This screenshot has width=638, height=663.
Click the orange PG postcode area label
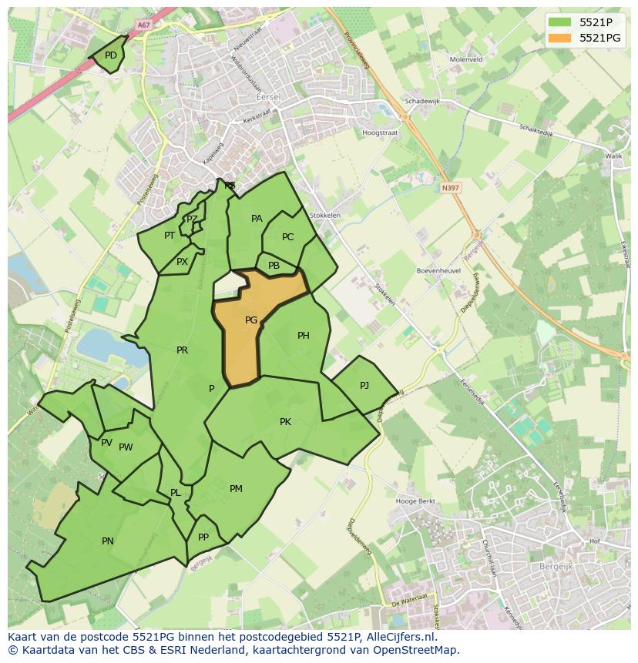pyautogui.click(x=251, y=320)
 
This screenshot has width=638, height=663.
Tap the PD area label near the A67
pyautogui.click(x=111, y=55)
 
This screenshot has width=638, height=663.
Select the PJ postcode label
pyautogui.click(x=364, y=385)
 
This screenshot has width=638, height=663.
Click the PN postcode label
pyautogui.click(x=108, y=541)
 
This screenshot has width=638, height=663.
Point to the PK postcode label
pyautogui.click(x=285, y=422)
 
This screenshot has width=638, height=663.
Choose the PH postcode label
pyautogui.click(x=303, y=336)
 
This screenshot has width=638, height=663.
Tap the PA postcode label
pyautogui.click(x=257, y=219)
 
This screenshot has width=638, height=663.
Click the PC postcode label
pyautogui.click(x=287, y=237)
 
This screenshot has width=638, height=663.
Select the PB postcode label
pyautogui.click(x=274, y=266)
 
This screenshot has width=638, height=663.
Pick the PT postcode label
pyautogui.click(x=169, y=236)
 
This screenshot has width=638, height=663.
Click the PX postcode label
pyautogui.click(x=182, y=262)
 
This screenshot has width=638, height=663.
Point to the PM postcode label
pyautogui.click(x=236, y=489)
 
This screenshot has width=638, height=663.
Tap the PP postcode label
pyautogui.click(x=203, y=537)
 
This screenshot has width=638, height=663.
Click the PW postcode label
pyautogui.click(x=126, y=447)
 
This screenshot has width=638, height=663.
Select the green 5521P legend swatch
pyautogui.click(x=560, y=22)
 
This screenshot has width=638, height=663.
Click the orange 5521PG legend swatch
pyautogui.click(x=560, y=38)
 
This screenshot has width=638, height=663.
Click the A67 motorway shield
pyautogui.click(x=143, y=25)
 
